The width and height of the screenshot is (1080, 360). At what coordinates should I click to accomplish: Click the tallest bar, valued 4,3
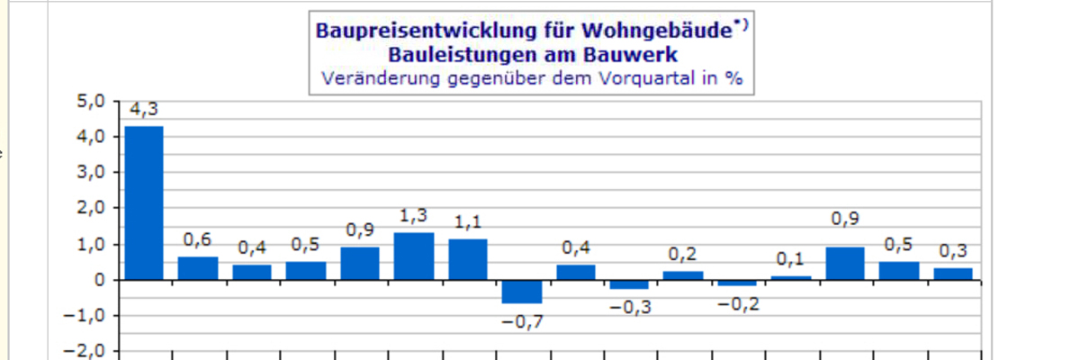point(144,202)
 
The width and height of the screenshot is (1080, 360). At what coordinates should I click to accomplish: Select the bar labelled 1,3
point(414,256)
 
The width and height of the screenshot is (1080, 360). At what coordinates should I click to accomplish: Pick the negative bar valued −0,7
point(522,292)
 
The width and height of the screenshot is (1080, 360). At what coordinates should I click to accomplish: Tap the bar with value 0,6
point(198,268)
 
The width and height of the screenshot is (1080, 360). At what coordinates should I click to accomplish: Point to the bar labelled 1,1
point(468,259)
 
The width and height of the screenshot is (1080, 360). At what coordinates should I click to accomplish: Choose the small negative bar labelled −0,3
point(630,284)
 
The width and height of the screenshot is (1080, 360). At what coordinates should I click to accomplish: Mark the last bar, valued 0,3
point(953,274)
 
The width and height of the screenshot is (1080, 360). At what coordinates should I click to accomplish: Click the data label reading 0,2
point(683,254)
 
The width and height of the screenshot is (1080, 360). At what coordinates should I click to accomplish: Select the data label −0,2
point(737,305)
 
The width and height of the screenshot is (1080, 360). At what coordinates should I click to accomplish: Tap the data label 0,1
point(791,259)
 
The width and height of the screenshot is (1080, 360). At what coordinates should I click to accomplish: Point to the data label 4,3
point(144,109)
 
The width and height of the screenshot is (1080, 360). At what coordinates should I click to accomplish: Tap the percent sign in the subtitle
point(735,77)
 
